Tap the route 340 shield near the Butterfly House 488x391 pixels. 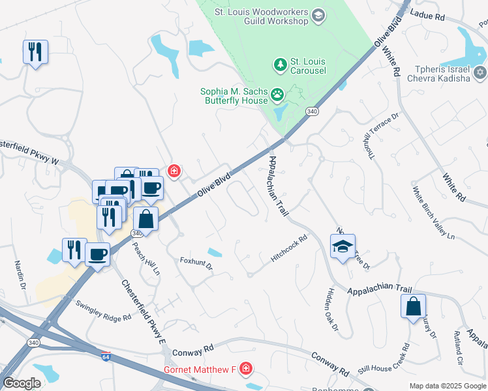point(313,111)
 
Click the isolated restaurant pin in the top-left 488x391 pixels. point(35,51)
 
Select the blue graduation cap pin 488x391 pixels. point(343,247)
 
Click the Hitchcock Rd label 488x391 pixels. point(288,250)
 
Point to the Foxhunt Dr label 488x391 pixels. point(196,264)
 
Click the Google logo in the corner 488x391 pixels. point(22,383)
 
